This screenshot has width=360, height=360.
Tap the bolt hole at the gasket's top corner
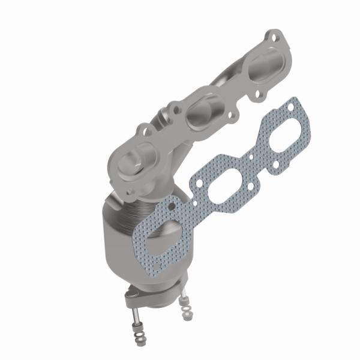pos(292,107)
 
